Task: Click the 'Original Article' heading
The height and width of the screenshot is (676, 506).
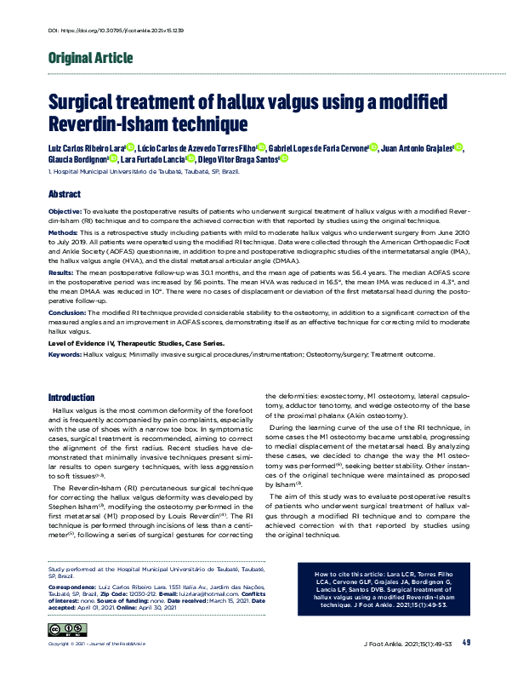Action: coord(91,59)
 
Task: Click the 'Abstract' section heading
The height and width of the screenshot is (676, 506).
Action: coord(65,194)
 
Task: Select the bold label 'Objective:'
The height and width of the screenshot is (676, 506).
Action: coord(65,209)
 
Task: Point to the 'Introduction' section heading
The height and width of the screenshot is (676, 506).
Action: coord(71,398)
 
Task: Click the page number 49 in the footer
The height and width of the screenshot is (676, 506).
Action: coord(468,642)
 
